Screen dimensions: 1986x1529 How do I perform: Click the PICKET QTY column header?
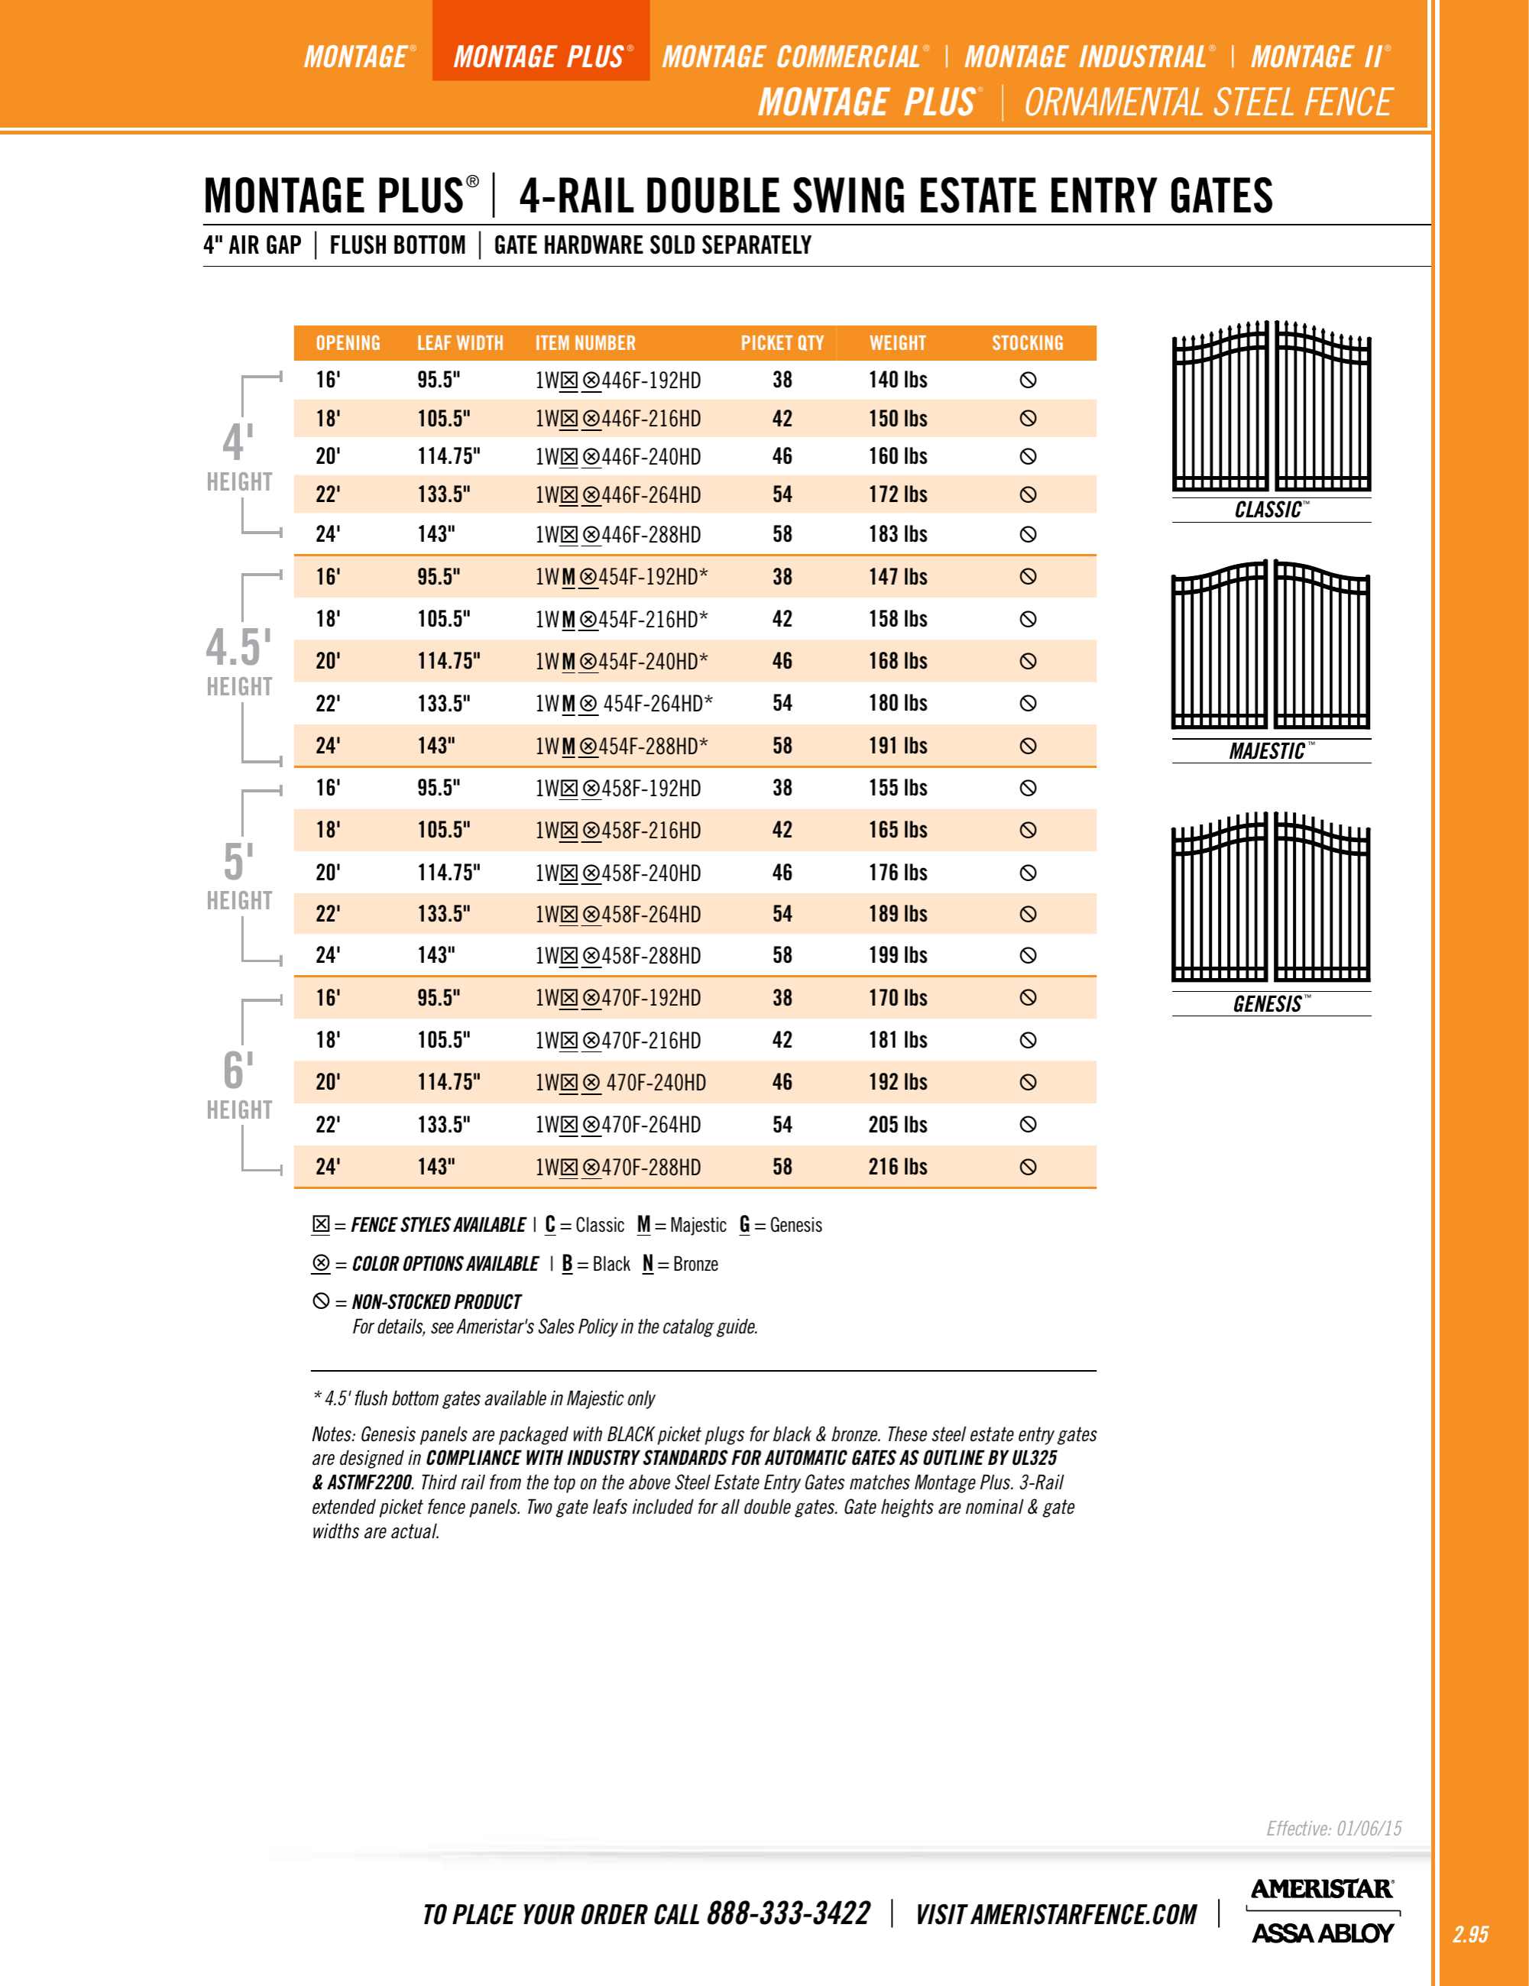pos(782,343)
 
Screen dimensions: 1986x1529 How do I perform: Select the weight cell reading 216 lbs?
pos(897,1167)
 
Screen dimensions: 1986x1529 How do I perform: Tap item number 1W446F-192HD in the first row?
pos(617,380)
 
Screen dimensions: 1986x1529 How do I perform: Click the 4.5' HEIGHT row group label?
pos(238,661)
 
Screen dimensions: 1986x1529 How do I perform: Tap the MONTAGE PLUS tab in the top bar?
pos(540,57)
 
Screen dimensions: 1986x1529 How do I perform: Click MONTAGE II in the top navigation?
pos(1318,57)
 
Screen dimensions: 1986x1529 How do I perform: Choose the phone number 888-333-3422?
pos(788,1913)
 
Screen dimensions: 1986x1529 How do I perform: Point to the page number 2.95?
pos(1470,1934)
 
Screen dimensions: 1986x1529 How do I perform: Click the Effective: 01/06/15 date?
pos(1333,1828)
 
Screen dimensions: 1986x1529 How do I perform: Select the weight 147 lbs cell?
pos(897,576)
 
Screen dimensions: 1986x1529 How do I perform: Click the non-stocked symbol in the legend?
pos(321,1301)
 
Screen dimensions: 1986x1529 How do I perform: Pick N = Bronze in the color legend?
pos(679,1264)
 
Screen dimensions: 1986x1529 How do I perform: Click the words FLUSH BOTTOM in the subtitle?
pos(397,245)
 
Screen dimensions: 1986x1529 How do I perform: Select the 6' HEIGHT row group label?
pos(238,1085)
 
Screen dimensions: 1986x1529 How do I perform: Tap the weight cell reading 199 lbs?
pos(897,955)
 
